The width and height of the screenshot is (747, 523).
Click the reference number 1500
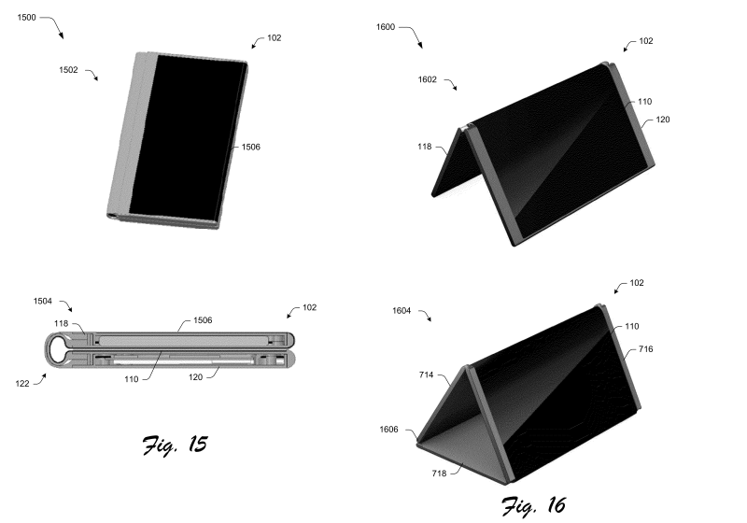pyautogui.click(x=27, y=16)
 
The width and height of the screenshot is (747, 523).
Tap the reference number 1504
pyautogui.click(x=44, y=301)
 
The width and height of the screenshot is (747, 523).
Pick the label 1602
pyautogui.click(x=428, y=80)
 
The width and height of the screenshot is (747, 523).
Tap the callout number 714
pyautogui.click(x=430, y=374)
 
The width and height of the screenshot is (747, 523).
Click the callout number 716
pyautogui.click(x=646, y=348)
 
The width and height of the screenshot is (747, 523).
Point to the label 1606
pyautogui.click(x=390, y=431)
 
